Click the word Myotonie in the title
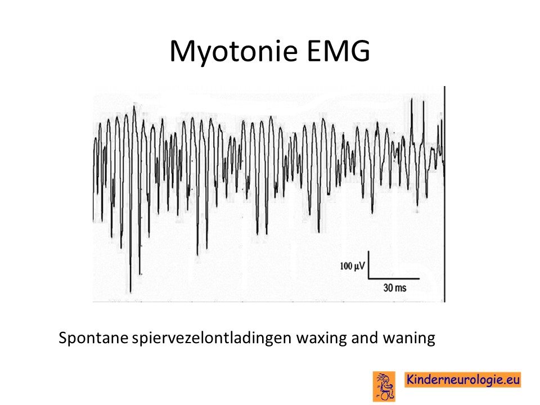(x=233, y=52)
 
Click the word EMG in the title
(x=339, y=51)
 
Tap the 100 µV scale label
(x=352, y=266)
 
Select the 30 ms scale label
(x=395, y=287)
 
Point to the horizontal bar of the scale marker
(x=394, y=278)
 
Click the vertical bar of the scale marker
(x=368, y=264)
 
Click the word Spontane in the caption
(x=93, y=338)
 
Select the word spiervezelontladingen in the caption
(x=212, y=338)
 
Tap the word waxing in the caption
(x=322, y=338)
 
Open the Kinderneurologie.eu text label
(x=463, y=380)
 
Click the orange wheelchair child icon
(x=384, y=386)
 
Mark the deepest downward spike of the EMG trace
(x=130, y=292)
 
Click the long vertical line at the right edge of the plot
(x=444, y=194)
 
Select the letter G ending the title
(x=360, y=51)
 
